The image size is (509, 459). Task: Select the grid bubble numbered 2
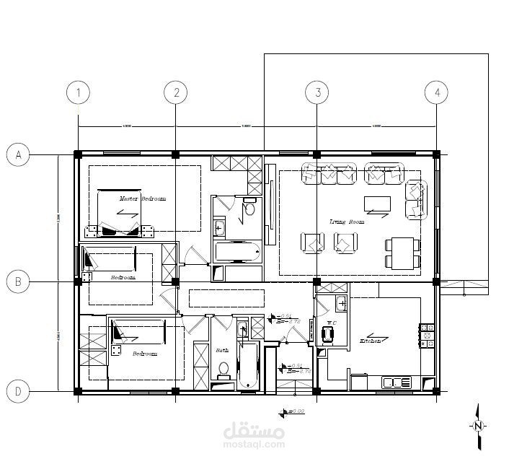[175, 92]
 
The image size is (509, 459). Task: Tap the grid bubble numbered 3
[317, 92]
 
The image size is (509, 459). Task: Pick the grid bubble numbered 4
[435, 92]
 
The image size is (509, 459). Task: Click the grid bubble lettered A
[18, 154]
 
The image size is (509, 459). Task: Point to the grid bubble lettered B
[18, 281]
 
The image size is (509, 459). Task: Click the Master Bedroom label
[143, 198]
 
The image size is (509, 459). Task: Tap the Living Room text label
[346, 222]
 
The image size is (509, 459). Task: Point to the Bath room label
[222, 351]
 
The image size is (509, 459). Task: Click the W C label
[331, 323]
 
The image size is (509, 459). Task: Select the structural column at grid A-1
[78, 154]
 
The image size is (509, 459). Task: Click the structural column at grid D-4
[435, 390]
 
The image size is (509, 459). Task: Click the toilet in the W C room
[328, 333]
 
